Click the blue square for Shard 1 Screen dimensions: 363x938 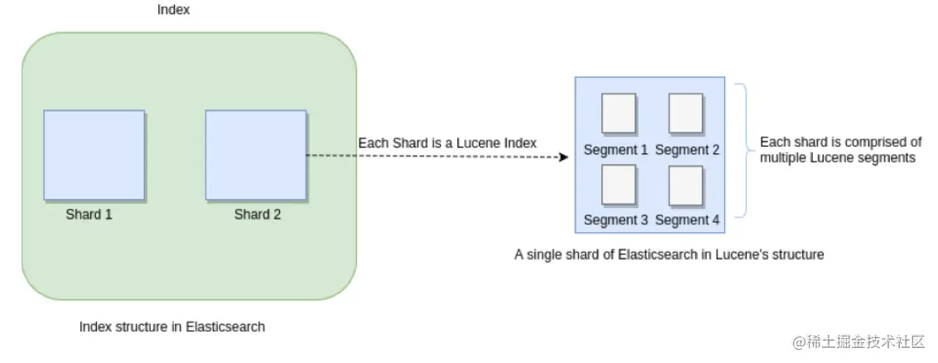click(94, 155)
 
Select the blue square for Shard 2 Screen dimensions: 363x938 click(255, 155)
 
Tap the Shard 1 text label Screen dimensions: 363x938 click(89, 215)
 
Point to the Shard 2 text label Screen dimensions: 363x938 click(257, 215)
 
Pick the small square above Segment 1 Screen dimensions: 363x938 click(618, 114)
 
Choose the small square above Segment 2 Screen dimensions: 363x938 click(685, 114)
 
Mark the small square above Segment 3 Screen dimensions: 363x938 click(618, 185)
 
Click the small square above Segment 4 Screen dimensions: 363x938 click(685, 185)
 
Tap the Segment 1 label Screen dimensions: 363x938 click(616, 150)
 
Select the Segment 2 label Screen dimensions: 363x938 click(687, 150)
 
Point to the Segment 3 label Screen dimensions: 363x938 click(616, 220)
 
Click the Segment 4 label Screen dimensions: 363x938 click(687, 220)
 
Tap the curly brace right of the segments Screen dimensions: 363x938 click(742, 149)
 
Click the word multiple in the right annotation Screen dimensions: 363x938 click(781, 157)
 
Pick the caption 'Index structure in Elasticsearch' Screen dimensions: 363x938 click(172, 327)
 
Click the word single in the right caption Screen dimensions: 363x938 click(544, 255)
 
